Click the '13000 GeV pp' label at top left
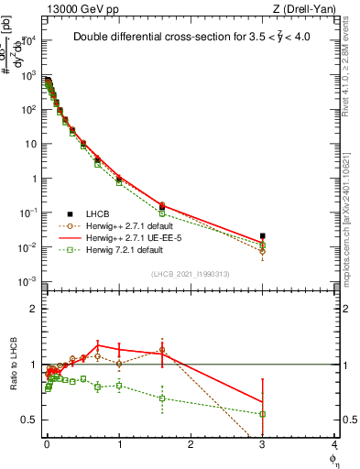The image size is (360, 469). pos(76,7)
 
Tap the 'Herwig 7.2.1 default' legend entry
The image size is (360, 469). pos(118,248)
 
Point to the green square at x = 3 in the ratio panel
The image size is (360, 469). pos(263,414)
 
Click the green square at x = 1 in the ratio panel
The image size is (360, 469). pos(119,386)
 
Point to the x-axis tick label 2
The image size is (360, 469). pos(191,445)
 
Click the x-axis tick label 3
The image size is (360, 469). pos(263,445)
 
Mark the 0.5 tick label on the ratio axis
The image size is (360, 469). pos(30,420)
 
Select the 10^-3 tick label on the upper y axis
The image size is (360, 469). pos(28,280)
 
